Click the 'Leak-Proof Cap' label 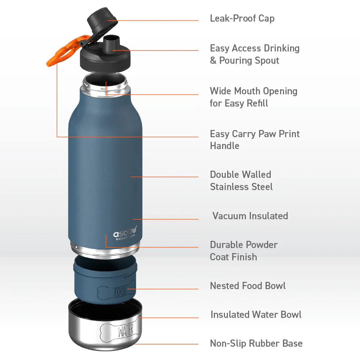(x=242, y=18)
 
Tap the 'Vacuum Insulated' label (x=250, y=216)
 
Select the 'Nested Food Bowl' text (x=248, y=286)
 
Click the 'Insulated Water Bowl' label (x=256, y=315)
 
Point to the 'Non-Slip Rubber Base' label (x=256, y=343)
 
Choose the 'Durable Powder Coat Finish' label (x=244, y=251)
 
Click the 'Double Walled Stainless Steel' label (x=241, y=181)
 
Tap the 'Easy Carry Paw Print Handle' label (x=255, y=140)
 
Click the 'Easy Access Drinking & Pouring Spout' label (x=255, y=54)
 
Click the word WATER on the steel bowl (x=125, y=329)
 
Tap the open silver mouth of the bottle (x=106, y=81)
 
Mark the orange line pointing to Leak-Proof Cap (x=158, y=21)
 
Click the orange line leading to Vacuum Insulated (x=166, y=219)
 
